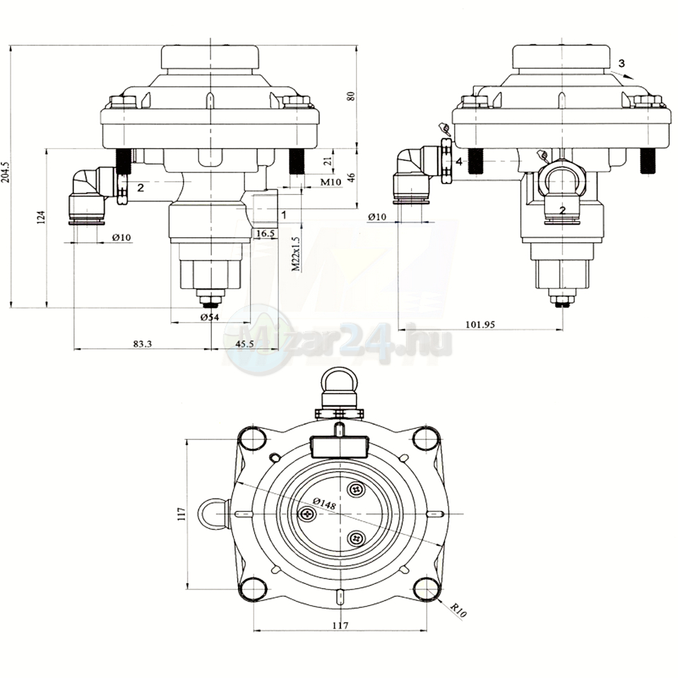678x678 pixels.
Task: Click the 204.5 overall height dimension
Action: tap(6, 177)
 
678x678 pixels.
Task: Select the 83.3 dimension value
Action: tap(142, 344)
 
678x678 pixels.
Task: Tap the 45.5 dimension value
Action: tap(244, 344)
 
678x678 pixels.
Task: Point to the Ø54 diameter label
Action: tap(210, 318)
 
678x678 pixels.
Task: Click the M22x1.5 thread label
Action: tap(296, 254)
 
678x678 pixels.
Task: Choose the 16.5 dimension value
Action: tap(266, 234)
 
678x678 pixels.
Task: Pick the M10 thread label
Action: tap(331, 182)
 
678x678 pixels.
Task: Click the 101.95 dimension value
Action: tap(480, 324)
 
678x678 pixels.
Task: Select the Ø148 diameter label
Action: tap(324, 504)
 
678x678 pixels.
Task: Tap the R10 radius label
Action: tap(459, 610)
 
